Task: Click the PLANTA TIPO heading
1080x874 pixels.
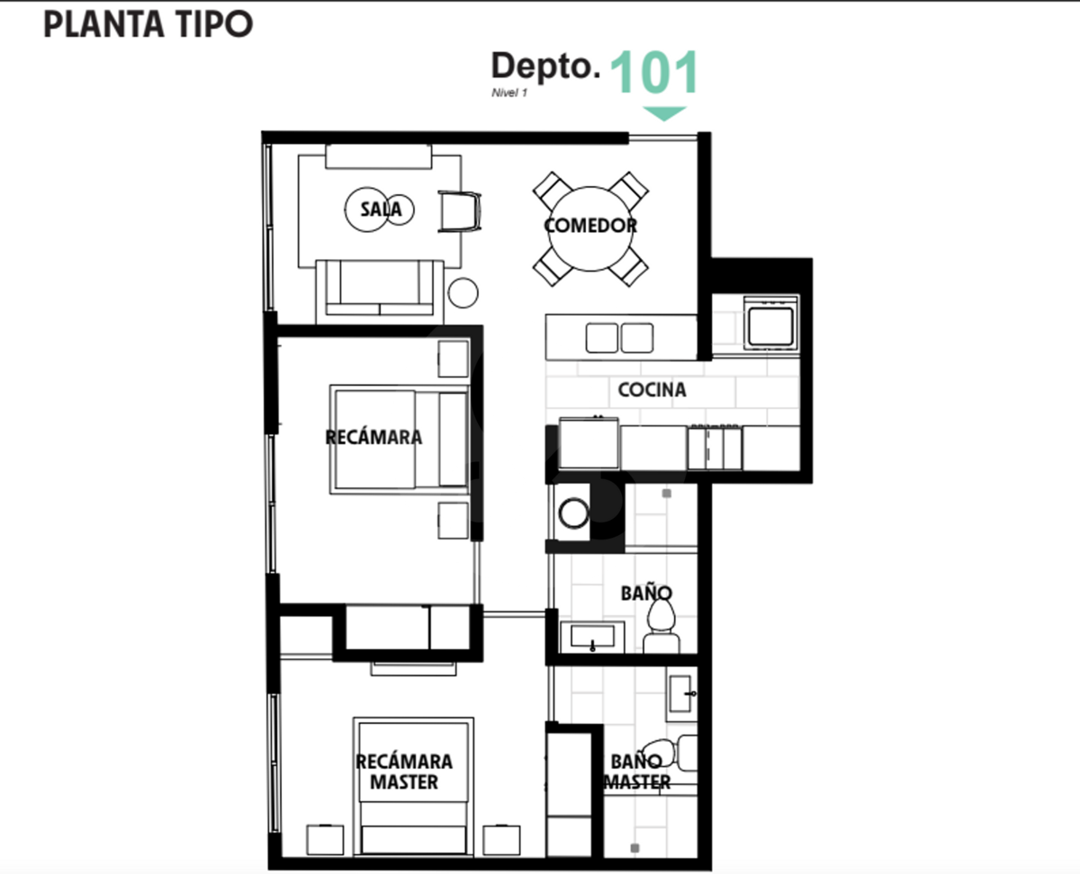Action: point(148,24)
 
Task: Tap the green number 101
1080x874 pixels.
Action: point(654,73)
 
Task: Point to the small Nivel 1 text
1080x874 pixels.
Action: point(509,93)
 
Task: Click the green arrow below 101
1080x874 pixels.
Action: point(664,113)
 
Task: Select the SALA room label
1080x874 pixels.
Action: point(381,209)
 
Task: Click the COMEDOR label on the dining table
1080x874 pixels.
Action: point(590,226)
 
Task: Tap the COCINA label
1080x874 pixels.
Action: point(652,389)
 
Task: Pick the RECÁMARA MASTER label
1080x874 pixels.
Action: point(404,771)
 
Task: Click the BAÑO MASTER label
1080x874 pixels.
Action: point(637,771)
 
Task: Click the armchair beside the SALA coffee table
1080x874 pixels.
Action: point(460,211)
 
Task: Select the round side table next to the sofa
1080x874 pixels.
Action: point(463,293)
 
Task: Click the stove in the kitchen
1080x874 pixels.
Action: point(771,324)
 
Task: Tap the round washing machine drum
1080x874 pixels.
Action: point(573,513)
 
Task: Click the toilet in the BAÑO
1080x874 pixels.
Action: point(661,628)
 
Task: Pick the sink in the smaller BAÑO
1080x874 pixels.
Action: point(592,637)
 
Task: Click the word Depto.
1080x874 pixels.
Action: point(545,67)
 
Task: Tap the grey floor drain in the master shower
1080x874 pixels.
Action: point(634,848)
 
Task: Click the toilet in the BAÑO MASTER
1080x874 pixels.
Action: point(670,754)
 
